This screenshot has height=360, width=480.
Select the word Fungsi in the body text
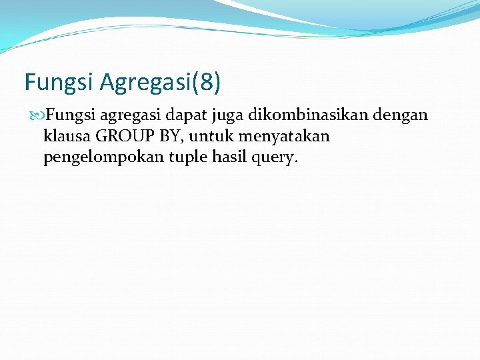point(70,115)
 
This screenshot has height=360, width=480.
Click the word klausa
point(67,137)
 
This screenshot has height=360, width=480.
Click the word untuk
point(209,137)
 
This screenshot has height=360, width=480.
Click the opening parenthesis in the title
point(194,83)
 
